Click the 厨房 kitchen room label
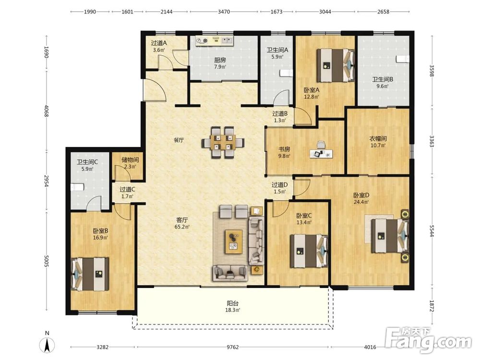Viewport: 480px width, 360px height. (220, 60)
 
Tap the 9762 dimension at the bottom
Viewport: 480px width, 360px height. (233, 347)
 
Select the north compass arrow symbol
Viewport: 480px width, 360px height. (47, 346)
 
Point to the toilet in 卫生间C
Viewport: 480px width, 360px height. (77, 187)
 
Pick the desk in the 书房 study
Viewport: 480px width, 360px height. (321, 154)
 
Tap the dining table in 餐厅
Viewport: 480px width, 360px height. (223, 143)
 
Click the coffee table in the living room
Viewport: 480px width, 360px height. (234, 241)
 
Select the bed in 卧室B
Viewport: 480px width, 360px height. (90, 274)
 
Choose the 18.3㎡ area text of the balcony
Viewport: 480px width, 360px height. (233, 310)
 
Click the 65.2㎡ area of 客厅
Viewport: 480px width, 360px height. (182, 227)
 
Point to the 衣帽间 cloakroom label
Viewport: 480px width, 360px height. (378, 139)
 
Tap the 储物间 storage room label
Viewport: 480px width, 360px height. (130, 160)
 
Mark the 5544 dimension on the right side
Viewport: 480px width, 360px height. (432, 231)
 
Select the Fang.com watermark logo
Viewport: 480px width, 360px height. (428, 340)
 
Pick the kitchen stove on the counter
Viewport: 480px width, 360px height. (202, 40)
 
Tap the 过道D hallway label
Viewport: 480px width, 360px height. (279, 185)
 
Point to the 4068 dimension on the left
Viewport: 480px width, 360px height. (47, 111)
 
